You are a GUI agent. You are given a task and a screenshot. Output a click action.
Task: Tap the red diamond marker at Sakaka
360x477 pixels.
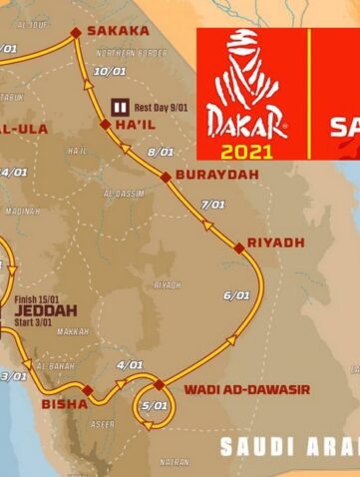click(75, 33)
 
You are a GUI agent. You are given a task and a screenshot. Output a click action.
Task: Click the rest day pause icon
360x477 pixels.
click(120, 104)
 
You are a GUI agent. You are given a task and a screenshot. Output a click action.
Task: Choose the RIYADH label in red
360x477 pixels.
click(276, 242)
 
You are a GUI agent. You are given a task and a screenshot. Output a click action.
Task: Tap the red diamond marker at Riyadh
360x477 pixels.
click(238, 245)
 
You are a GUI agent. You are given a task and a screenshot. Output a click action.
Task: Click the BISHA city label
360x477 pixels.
click(61, 404)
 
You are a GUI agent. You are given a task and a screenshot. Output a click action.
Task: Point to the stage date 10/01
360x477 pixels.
click(106, 71)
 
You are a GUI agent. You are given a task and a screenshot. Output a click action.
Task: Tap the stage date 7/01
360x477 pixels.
click(212, 205)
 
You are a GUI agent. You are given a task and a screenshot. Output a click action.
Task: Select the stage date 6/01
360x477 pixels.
click(236, 294)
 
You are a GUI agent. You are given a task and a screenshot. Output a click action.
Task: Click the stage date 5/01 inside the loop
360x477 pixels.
click(155, 405)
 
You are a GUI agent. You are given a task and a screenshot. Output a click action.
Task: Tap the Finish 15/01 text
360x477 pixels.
click(40, 297)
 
